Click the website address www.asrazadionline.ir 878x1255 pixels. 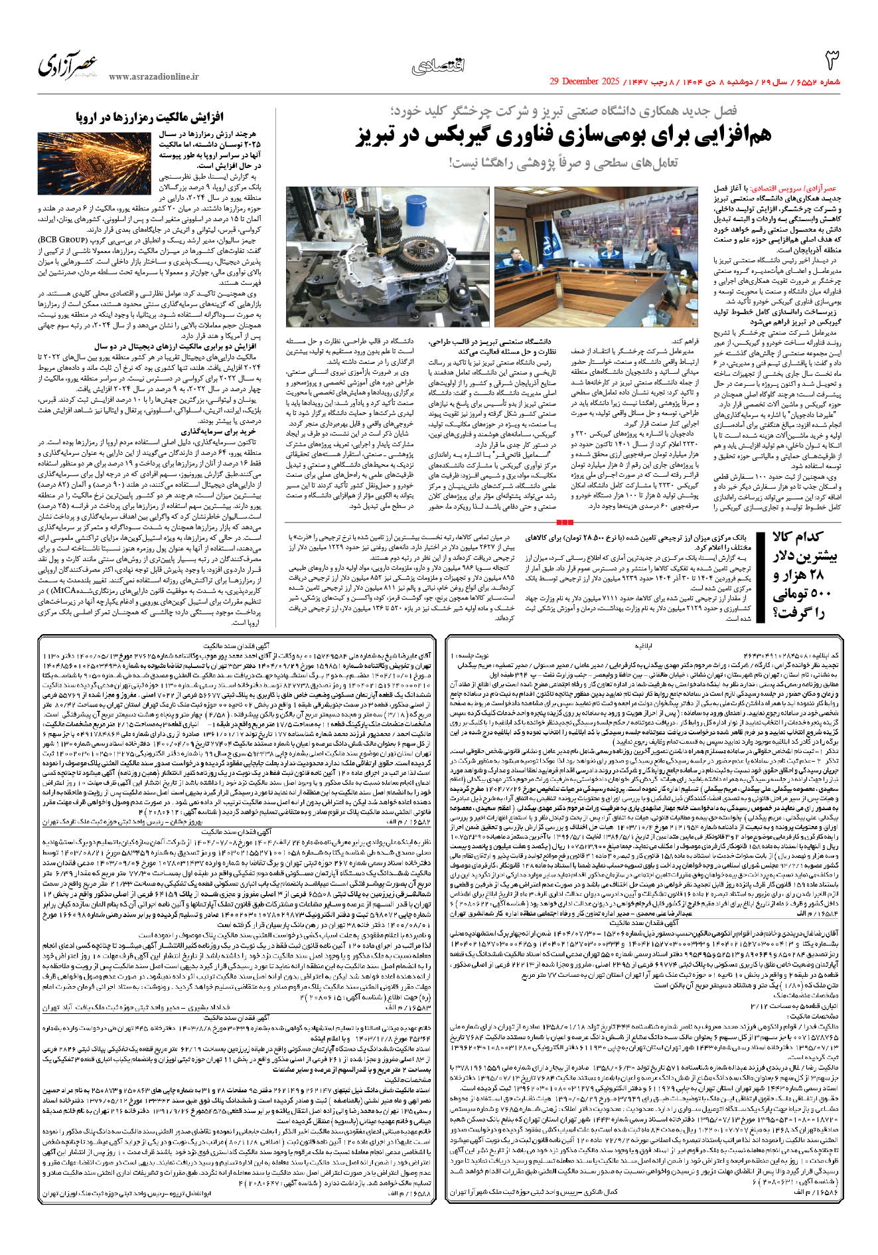pyautogui.click(x=153, y=77)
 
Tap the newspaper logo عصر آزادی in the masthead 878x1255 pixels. pyautogui.click(x=68, y=65)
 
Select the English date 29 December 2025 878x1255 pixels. pyautogui.click(x=584, y=82)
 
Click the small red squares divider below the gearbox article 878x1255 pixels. pyautogui.click(x=565, y=523)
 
